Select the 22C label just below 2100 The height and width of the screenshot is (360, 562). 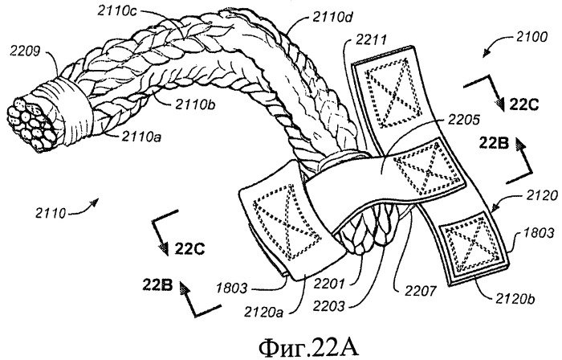524,103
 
